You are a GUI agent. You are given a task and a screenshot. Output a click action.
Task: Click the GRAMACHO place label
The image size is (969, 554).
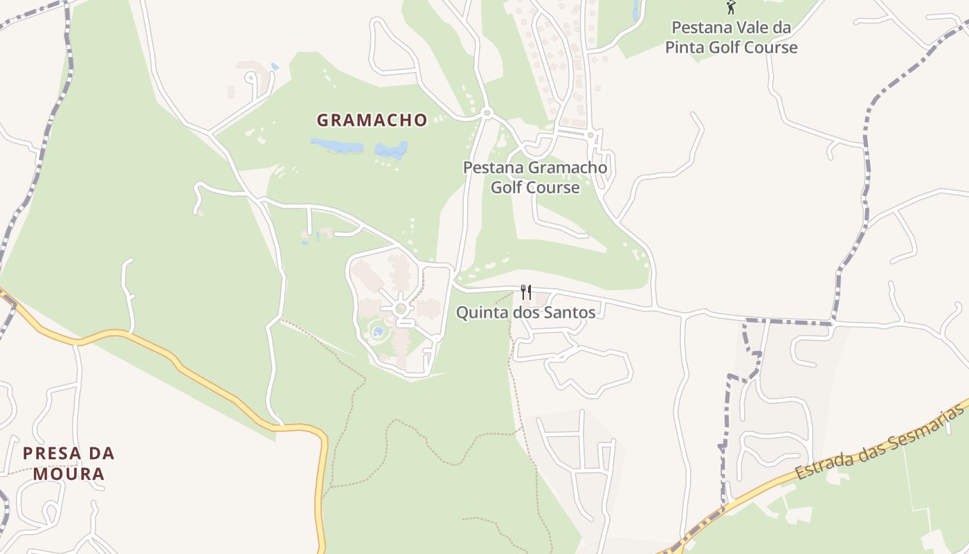[x=372, y=120]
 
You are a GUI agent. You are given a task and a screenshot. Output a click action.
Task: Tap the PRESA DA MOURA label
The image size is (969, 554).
[x=68, y=463]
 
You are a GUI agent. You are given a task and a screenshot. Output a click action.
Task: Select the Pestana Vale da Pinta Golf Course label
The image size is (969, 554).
[x=731, y=38]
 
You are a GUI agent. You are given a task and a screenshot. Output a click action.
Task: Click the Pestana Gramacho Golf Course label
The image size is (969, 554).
[x=535, y=177]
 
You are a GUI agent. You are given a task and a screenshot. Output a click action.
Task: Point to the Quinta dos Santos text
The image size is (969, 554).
[x=525, y=312]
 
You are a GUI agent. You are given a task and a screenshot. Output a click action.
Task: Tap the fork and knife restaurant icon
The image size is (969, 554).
[x=526, y=292]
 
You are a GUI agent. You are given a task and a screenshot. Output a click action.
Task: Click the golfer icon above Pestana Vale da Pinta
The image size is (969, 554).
[x=731, y=8]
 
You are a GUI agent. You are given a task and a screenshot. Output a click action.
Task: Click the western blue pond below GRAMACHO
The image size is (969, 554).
[x=336, y=146]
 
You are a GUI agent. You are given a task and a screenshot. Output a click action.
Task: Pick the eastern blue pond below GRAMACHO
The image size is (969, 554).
[x=392, y=150]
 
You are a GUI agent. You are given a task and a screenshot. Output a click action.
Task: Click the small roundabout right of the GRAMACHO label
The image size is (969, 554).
[x=487, y=113]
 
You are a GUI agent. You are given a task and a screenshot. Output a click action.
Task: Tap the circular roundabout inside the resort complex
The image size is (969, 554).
[x=400, y=308]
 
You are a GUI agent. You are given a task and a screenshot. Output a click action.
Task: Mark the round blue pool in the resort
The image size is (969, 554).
[x=378, y=332]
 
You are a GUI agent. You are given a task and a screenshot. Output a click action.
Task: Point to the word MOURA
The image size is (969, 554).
[x=68, y=474]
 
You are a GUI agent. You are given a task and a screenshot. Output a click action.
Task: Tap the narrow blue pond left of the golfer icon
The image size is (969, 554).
[x=635, y=10]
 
